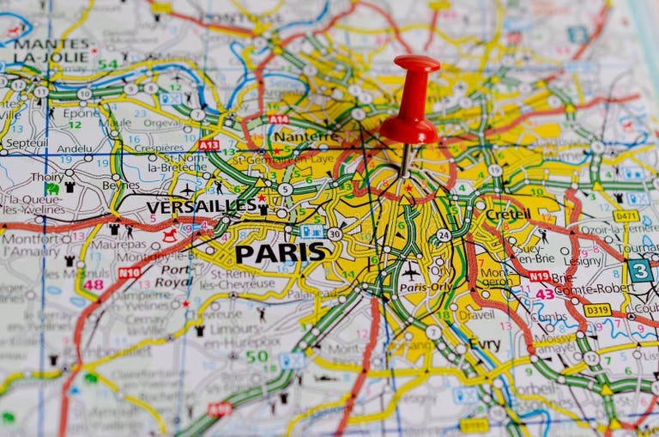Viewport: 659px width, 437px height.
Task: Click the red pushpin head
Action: (410, 100)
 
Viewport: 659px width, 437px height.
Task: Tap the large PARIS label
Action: (281, 252)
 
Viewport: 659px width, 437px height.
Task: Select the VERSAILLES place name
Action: (201, 207)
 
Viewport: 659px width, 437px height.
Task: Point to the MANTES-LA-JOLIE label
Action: (51, 51)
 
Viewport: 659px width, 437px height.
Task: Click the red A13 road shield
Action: (209, 145)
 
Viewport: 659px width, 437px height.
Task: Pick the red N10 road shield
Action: (129, 272)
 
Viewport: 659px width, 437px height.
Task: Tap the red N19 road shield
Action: (539, 276)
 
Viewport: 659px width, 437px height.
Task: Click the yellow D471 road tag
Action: (626, 215)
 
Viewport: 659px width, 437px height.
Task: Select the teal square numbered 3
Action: (638, 270)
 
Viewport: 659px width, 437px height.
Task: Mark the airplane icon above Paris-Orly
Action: (412, 270)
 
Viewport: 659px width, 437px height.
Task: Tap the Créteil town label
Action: (508, 214)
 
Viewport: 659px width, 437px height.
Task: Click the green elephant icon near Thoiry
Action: (52, 188)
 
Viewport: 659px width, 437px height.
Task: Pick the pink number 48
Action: (93, 285)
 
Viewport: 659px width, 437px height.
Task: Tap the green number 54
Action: (107, 64)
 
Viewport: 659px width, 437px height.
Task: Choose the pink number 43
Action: (544, 294)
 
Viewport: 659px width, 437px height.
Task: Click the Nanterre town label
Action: (305, 137)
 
